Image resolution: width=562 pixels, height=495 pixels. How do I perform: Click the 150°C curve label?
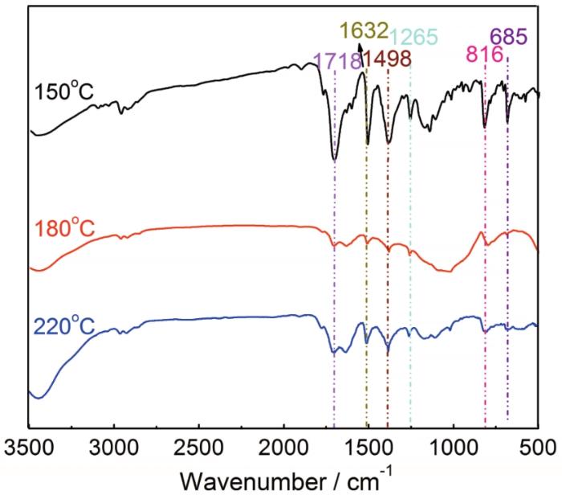tap(63, 93)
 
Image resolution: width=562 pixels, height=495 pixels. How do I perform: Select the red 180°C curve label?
tap(63, 229)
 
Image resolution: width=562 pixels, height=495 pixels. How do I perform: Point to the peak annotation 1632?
tap(364, 31)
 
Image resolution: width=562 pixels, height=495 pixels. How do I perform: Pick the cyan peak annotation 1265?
tap(414, 37)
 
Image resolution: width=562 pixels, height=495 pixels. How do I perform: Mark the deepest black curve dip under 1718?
tap(334, 160)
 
